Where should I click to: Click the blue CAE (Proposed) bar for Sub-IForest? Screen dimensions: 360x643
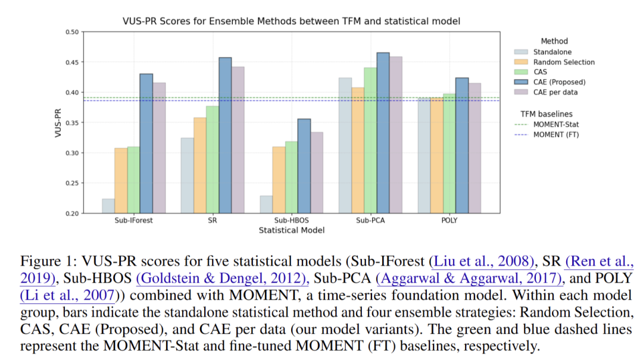pyautogui.click(x=146, y=143)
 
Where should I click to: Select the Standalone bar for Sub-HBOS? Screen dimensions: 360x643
pyautogui.click(x=266, y=205)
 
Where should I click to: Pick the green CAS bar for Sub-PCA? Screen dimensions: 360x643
pyautogui.click(x=370, y=140)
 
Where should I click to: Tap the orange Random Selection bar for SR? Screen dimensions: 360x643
pyautogui.click(x=199, y=165)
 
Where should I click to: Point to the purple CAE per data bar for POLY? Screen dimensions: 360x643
pyautogui.click(x=475, y=148)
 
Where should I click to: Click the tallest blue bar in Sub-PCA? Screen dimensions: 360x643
pyautogui.click(x=383, y=133)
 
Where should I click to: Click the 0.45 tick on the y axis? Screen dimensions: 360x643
pyautogui.click(x=72, y=62)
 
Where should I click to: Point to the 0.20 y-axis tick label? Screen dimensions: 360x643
pyautogui.click(x=72, y=214)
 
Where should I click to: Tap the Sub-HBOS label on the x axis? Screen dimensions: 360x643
pyautogui.click(x=292, y=220)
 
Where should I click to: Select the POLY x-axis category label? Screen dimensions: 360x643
pyautogui.click(x=450, y=220)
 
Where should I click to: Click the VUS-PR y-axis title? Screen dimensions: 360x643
pyautogui.click(x=58, y=123)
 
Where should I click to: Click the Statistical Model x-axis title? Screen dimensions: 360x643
pyautogui.click(x=291, y=230)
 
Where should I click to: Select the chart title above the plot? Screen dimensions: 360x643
pyautogui.click(x=291, y=21)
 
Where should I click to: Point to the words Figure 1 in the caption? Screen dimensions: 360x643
pyautogui.click(x=42, y=262)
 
